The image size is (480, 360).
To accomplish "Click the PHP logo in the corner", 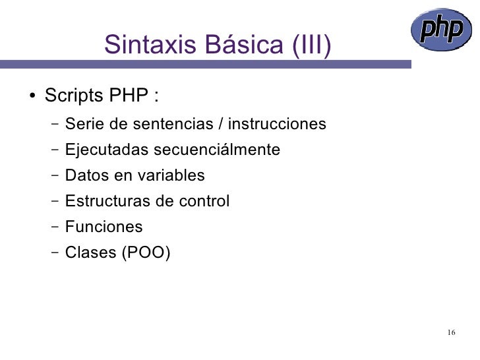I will click(442, 31).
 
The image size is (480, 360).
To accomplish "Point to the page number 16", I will click(451, 332).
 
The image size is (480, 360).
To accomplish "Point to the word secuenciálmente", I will click(217, 150).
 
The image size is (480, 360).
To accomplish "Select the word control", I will click(202, 201).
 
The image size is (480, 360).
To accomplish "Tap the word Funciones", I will click(104, 227).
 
